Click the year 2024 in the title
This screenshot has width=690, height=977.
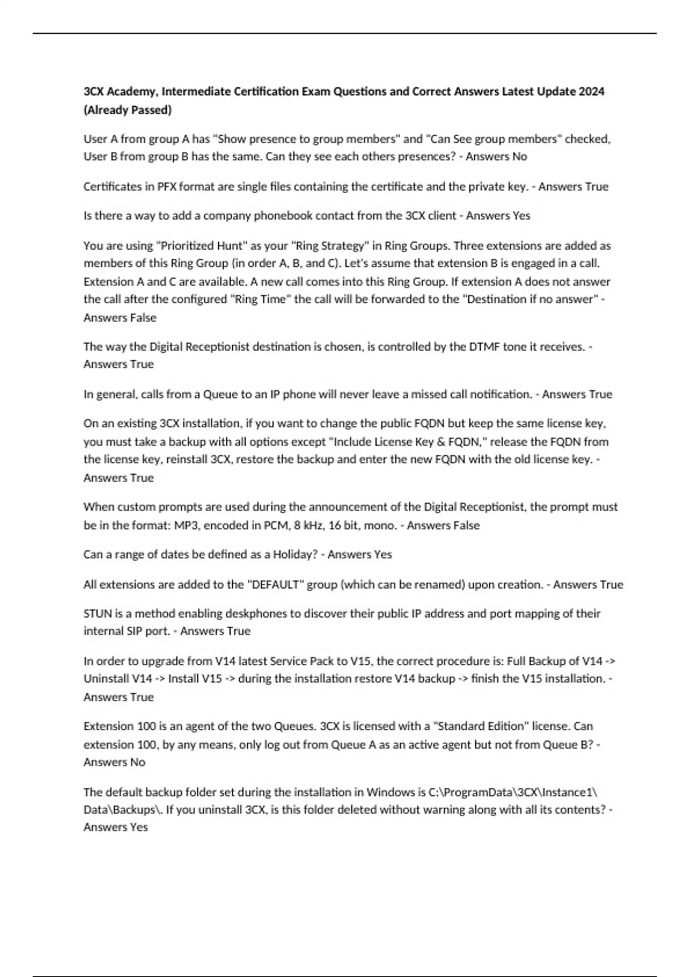pyautogui.click(x=592, y=91)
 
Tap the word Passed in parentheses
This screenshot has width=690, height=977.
pyautogui.click(x=152, y=110)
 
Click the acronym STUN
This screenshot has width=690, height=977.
pyautogui.click(x=98, y=613)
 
